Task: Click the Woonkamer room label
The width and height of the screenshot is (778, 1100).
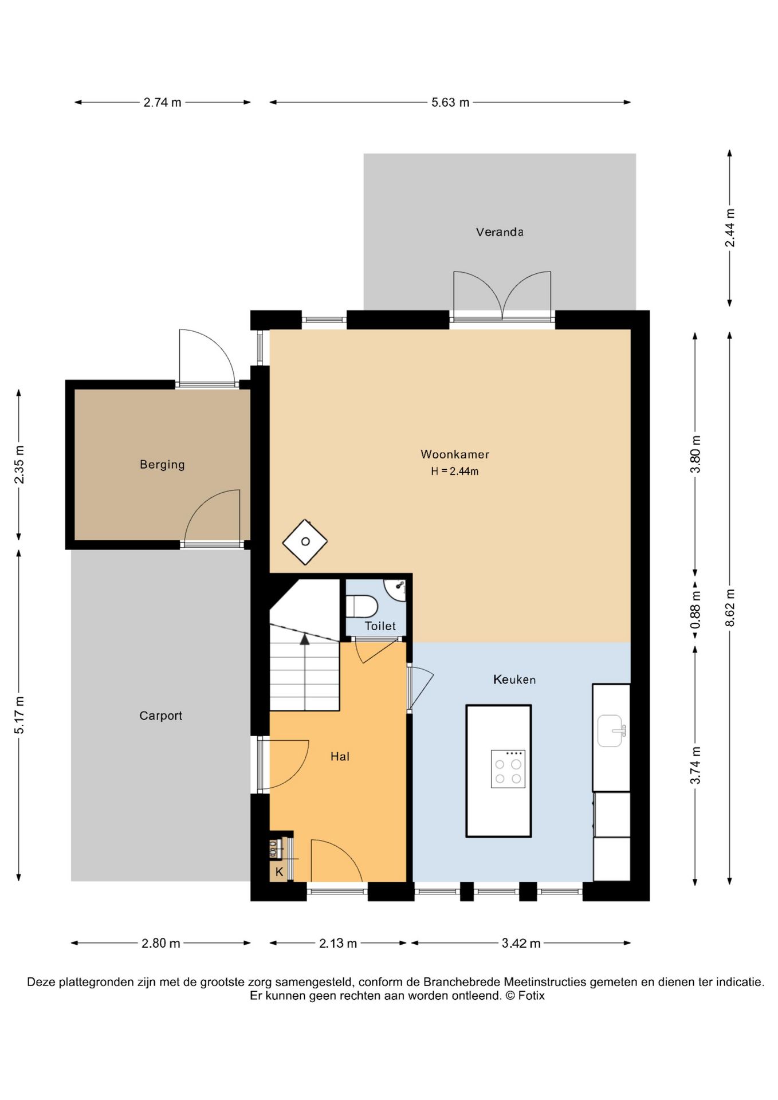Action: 455,454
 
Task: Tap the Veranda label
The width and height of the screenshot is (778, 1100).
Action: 500,232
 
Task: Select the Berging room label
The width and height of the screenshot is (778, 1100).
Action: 162,465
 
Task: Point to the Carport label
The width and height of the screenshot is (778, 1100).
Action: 161,716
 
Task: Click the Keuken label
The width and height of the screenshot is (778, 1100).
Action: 514,679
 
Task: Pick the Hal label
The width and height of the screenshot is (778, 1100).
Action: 340,757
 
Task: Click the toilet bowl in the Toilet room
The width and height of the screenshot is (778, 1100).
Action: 362,606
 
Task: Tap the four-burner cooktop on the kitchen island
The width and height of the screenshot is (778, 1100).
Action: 508,769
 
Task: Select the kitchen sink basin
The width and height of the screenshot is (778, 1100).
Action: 611,730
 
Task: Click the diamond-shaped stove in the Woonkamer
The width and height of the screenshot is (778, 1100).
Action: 305,542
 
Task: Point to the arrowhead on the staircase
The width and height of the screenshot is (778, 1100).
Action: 305,639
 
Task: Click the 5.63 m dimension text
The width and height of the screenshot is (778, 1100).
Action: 450,103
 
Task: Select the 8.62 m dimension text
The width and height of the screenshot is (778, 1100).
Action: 730,608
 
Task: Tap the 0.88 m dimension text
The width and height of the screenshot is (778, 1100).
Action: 696,611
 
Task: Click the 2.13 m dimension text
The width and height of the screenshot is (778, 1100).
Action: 338,943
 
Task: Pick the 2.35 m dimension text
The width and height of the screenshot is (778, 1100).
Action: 19,465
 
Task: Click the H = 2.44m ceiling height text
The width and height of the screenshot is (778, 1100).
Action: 455,472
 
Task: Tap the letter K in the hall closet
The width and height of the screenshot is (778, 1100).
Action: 279,872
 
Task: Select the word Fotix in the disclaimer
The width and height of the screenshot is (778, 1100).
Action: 531,996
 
